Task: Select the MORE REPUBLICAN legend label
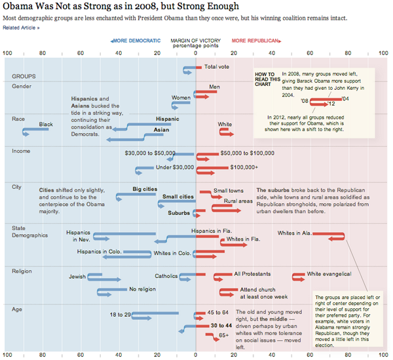(x=253, y=41)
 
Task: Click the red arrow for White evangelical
(x=298, y=276)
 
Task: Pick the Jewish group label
(x=77, y=276)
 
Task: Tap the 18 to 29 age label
(x=120, y=315)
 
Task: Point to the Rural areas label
(x=238, y=201)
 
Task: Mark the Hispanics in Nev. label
(x=79, y=235)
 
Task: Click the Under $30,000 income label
(x=174, y=167)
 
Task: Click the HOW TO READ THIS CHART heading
(x=266, y=79)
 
